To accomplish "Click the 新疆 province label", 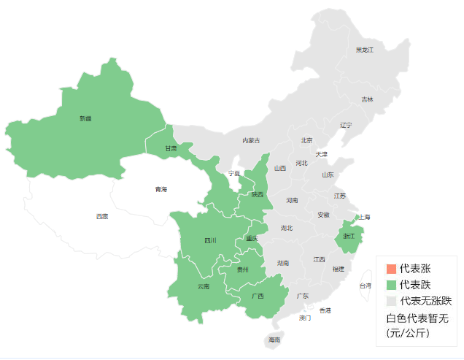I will [86, 118].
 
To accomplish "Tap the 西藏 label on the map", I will [102, 216].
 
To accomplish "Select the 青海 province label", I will [161, 190].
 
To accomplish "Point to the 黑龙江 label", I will [364, 50].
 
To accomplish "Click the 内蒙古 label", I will [251, 140].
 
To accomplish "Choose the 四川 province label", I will [210, 240].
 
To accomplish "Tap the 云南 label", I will [204, 286].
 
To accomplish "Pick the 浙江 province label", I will [349, 237].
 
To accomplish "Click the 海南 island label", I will [274, 340].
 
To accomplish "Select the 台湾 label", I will [365, 286].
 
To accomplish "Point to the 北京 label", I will [306, 140].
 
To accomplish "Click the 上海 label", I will [365, 217].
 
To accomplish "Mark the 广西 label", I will [258, 296].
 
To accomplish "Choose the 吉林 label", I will [367, 99].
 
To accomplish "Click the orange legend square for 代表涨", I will [392, 269].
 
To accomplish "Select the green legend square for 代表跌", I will [392, 285].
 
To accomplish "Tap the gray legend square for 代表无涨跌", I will [392, 301].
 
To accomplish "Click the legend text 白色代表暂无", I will [417, 318].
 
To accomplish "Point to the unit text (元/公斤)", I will [408, 333].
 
